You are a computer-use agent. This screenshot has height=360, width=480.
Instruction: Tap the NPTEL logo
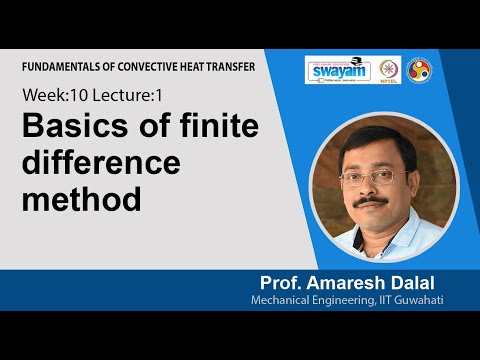point(387,71)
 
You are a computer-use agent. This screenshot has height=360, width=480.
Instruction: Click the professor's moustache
point(372,201)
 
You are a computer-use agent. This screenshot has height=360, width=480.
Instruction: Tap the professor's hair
point(372,145)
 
